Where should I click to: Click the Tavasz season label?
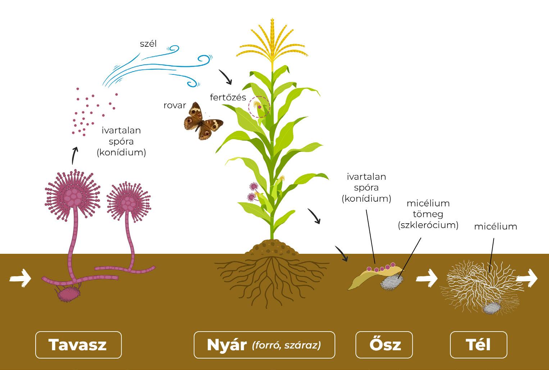[x=78, y=345]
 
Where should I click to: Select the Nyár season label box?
[x=264, y=345]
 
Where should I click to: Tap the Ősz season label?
[x=384, y=345]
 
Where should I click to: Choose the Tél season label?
[x=478, y=345]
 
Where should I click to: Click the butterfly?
[x=201, y=121]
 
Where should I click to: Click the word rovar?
[x=174, y=105]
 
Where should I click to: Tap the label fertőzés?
[x=228, y=97]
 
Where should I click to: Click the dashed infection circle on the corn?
[x=259, y=107]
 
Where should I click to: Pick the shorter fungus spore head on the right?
[x=128, y=203]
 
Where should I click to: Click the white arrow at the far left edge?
[x=20, y=278]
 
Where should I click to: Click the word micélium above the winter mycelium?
[x=495, y=227]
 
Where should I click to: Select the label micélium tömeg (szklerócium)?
[x=428, y=214]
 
